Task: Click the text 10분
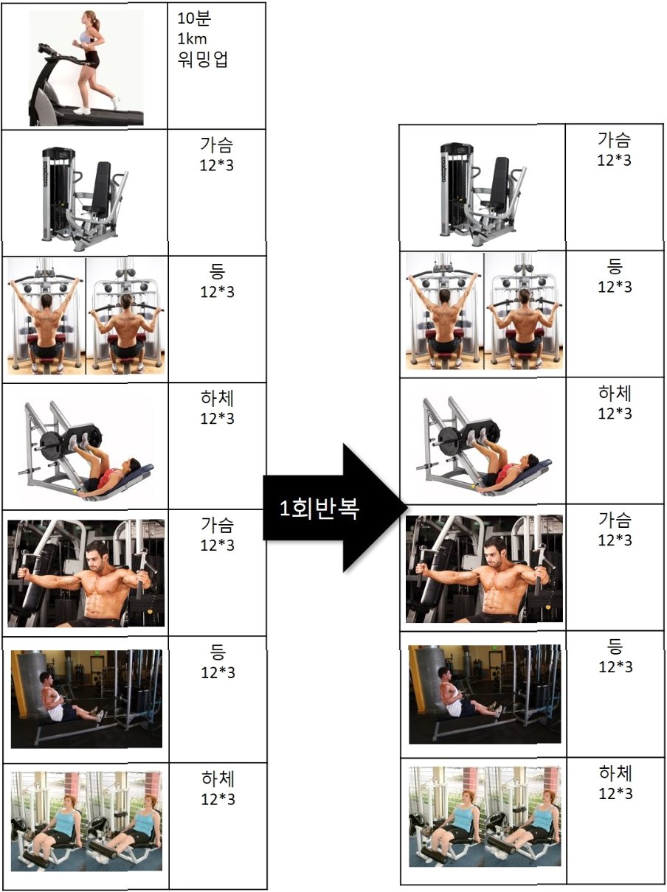click(194, 18)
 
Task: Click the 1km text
click(192, 39)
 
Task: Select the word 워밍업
click(203, 59)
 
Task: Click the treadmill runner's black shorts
click(92, 58)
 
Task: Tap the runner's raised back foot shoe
click(116, 102)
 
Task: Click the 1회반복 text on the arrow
click(319, 508)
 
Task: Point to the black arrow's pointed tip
click(407, 507)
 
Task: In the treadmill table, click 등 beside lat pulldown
click(217, 271)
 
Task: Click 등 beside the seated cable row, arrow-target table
click(615, 646)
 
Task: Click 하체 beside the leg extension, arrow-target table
click(615, 773)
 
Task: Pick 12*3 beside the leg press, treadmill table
click(217, 418)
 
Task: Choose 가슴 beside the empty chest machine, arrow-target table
click(614, 139)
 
